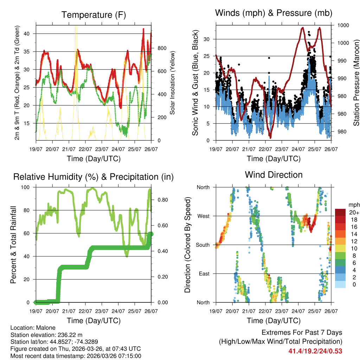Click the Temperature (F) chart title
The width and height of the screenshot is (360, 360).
[93, 15]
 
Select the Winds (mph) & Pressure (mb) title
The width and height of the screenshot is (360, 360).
[274, 13]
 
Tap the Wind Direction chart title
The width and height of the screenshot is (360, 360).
[274, 175]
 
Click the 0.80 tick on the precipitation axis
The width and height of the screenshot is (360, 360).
[162, 200]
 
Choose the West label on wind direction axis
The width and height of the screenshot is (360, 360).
[203, 216]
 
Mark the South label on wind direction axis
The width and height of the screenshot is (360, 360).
[202, 245]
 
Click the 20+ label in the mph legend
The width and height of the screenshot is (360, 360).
[354, 212]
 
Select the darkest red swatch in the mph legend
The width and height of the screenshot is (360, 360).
[340, 212]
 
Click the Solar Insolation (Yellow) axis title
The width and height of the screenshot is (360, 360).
[173, 83]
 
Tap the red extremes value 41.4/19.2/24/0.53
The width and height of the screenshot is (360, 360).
[315, 351]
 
